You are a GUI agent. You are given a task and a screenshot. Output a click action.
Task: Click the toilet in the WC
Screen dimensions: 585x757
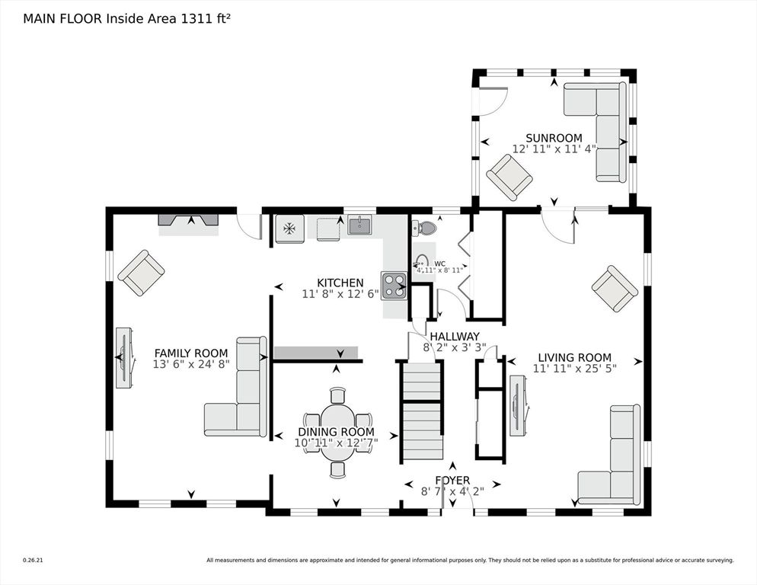pos(426,227)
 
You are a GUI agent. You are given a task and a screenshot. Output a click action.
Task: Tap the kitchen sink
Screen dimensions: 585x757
pos(359,225)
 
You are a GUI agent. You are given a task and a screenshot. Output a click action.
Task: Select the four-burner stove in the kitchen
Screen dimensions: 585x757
pos(394,286)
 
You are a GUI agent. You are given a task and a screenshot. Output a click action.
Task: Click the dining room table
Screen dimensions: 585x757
pos(337,433)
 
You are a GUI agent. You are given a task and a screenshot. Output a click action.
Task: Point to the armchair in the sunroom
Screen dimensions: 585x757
pos(509,177)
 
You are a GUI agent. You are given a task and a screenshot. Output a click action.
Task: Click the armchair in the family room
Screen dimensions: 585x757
pos(141,273)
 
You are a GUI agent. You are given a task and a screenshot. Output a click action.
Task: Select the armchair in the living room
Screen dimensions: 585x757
pos(615,289)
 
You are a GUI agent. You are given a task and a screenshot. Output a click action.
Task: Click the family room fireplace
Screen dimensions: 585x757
pos(188,219)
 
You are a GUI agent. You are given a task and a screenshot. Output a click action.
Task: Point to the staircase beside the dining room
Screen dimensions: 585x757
pos(421,411)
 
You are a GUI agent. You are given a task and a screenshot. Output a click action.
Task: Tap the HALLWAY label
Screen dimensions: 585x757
pos(454,336)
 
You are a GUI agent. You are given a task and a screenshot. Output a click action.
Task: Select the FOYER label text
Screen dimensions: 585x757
pos(452,480)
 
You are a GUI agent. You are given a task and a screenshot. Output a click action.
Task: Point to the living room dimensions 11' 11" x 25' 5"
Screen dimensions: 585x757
pos(574,369)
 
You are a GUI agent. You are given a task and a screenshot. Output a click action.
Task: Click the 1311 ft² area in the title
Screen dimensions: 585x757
pos(203,19)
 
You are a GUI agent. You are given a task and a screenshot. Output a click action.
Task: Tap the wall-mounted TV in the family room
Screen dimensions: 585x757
pos(123,357)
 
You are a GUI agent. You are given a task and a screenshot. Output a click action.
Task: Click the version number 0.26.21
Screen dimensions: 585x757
pos(32,561)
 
